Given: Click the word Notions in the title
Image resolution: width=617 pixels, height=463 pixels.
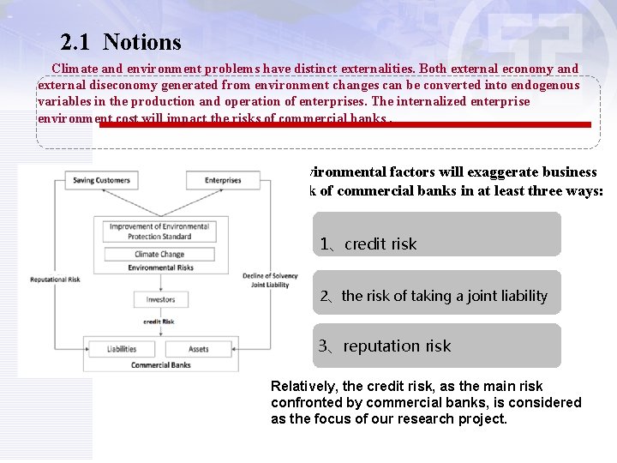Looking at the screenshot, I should pyautogui.click(x=142, y=42).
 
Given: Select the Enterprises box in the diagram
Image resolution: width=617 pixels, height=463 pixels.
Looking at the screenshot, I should pyautogui.click(x=223, y=180).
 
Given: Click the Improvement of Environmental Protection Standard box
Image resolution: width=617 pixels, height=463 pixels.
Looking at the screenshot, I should pyautogui.click(x=159, y=231).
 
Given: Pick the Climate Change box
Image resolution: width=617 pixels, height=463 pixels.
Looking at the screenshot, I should pyautogui.click(x=159, y=254).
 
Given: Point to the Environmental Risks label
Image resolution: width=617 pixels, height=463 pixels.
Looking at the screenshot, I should pyautogui.click(x=160, y=268).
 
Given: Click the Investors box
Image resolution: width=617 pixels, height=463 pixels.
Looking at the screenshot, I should pyautogui.click(x=159, y=299).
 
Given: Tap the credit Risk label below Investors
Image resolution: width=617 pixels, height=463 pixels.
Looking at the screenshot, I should pyautogui.click(x=159, y=322).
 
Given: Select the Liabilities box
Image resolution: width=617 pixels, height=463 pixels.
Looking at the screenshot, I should pyautogui.click(x=122, y=349).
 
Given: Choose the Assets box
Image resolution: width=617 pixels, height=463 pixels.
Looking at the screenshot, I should pyautogui.click(x=198, y=349).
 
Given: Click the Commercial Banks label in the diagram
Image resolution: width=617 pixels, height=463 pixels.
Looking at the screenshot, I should pyautogui.click(x=160, y=365).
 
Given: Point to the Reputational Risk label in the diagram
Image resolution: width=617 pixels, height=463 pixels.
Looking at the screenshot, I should pyautogui.click(x=56, y=280).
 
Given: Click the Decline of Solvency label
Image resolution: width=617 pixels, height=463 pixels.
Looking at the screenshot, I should pyautogui.click(x=270, y=275).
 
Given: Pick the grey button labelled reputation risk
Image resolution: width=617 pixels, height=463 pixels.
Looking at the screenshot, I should pyautogui.click(x=436, y=346).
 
